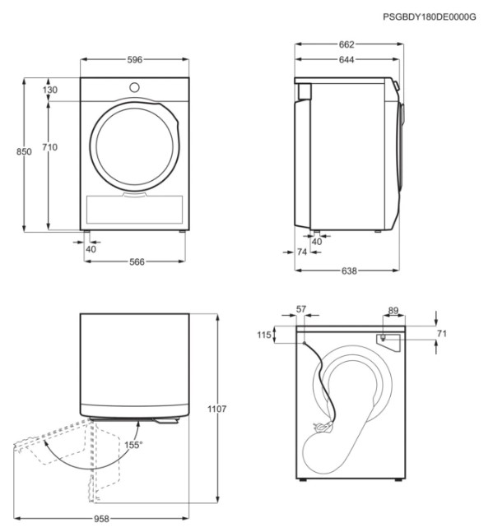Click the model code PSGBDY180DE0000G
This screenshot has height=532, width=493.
pyautogui.click(x=430, y=16)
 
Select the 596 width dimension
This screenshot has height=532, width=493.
pyautogui.click(x=135, y=60)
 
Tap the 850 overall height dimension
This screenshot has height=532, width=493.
pyautogui.click(x=24, y=151)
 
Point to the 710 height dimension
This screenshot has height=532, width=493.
pyautogui.click(x=50, y=147)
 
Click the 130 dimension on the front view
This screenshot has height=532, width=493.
pyautogui.click(x=50, y=90)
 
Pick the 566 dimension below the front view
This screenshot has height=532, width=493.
pyautogui.click(x=137, y=262)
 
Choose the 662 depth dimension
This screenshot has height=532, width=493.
pyautogui.click(x=346, y=44)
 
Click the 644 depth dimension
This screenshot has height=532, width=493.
pyautogui.click(x=346, y=60)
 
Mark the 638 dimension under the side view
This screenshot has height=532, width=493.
pyautogui.click(x=349, y=271)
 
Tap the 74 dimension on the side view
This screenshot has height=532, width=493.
pyautogui.click(x=302, y=252)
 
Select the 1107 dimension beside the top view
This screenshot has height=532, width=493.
pyautogui.click(x=217, y=409)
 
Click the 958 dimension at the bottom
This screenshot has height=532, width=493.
pyautogui.click(x=101, y=519)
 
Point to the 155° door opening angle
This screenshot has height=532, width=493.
pyautogui.click(x=133, y=445)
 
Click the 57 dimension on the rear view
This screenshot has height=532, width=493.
pyautogui.click(x=301, y=309)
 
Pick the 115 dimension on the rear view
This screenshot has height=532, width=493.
pyautogui.click(x=264, y=335)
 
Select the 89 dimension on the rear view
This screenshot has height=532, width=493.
pyautogui.click(x=393, y=311)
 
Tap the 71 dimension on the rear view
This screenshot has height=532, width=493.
pyautogui.click(x=441, y=334)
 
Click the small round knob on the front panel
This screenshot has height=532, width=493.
pyautogui.click(x=134, y=87)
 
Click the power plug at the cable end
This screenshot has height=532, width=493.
pyautogui.click(x=322, y=426)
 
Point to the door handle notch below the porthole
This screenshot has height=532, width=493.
pyautogui.click(x=135, y=194)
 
